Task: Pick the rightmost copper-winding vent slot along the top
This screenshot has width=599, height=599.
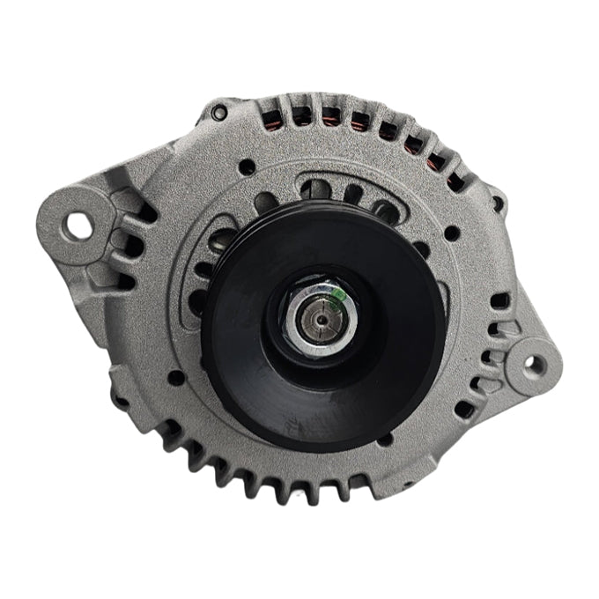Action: [455, 182]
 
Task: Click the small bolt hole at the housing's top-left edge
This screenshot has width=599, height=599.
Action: [219, 113]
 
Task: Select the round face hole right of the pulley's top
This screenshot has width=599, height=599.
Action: [451, 234]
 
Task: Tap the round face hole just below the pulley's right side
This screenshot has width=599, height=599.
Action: [385, 439]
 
